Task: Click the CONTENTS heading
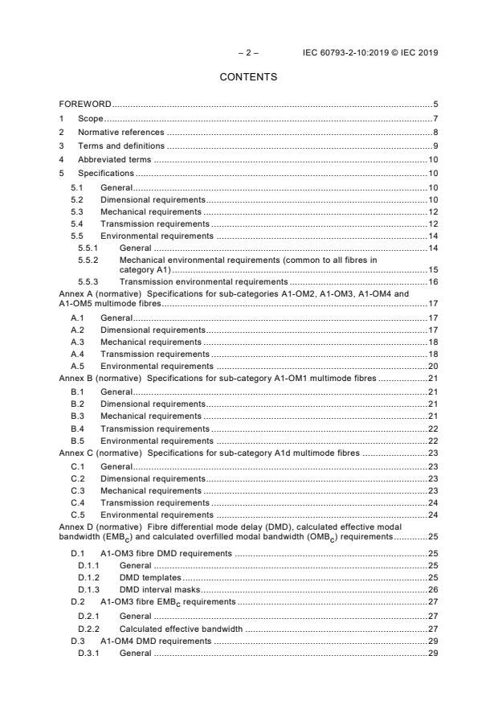coord(248,77)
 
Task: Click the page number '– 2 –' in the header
coord(247,53)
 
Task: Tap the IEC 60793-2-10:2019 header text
coord(370,53)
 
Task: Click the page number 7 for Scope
coord(435,118)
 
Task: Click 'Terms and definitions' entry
coord(120,146)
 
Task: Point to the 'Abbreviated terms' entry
coord(115,160)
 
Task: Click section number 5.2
coord(77,199)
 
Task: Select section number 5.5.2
coord(88,260)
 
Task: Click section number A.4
coord(77,354)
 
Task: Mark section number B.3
coord(77,416)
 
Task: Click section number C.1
coord(77,466)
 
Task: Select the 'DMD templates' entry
coord(150,578)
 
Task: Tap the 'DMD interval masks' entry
coord(155,590)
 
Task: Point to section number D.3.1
coord(88,654)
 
